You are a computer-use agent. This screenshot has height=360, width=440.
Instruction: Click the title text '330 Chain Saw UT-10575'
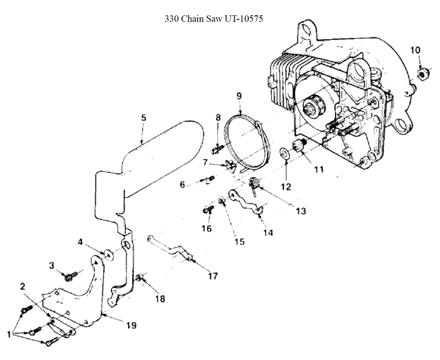click(x=214, y=19)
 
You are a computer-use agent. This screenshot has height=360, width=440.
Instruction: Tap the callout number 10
click(x=415, y=50)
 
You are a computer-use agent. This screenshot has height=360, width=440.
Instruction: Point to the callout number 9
click(x=239, y=95)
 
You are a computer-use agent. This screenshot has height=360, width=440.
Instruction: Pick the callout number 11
click(x=318, y=168)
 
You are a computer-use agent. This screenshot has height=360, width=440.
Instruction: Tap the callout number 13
click(x=301, y=211)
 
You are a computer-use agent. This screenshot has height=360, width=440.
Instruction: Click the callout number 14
click(x=268, y=233)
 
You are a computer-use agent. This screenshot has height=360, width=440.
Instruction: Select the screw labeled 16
click(x=208, y=210)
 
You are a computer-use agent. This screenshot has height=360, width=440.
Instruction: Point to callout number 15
click(x=239, y=241)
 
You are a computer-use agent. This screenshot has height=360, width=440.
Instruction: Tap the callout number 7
click(x=205, y=162)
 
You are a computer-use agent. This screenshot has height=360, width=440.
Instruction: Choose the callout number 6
click(x=182, y=184)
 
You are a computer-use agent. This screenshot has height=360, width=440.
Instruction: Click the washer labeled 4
click(x=107, y=254)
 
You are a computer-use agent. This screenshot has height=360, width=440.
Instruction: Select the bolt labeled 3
click(x=70, y=276)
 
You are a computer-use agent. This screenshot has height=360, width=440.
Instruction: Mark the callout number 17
click(x=213, y=276)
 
